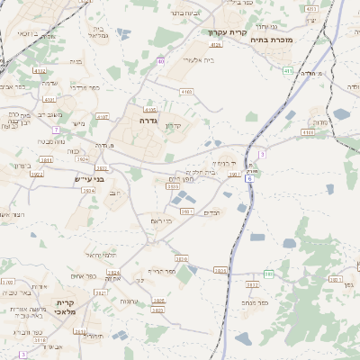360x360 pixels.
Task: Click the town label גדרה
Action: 148,119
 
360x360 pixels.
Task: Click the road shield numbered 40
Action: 160,61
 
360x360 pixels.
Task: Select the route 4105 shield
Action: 150,110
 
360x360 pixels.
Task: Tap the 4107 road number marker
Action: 102,117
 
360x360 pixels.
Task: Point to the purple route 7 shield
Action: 56,130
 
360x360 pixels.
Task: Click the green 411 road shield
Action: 287,70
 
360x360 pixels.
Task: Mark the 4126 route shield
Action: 215,43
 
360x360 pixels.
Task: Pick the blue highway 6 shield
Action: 249,180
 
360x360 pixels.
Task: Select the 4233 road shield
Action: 311,8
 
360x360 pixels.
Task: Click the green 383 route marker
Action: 268,274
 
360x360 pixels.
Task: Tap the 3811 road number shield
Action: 46,160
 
